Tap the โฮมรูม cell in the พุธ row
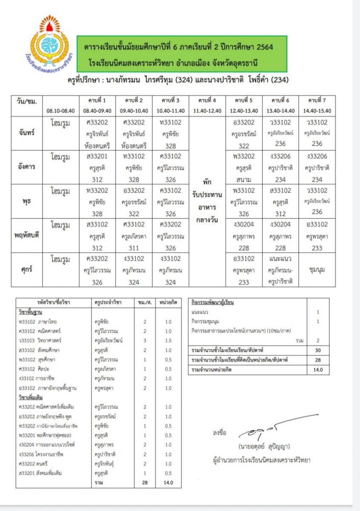[60, 190]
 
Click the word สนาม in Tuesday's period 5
[244, 179]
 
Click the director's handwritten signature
[272, 428]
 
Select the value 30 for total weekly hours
[317, 350]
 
